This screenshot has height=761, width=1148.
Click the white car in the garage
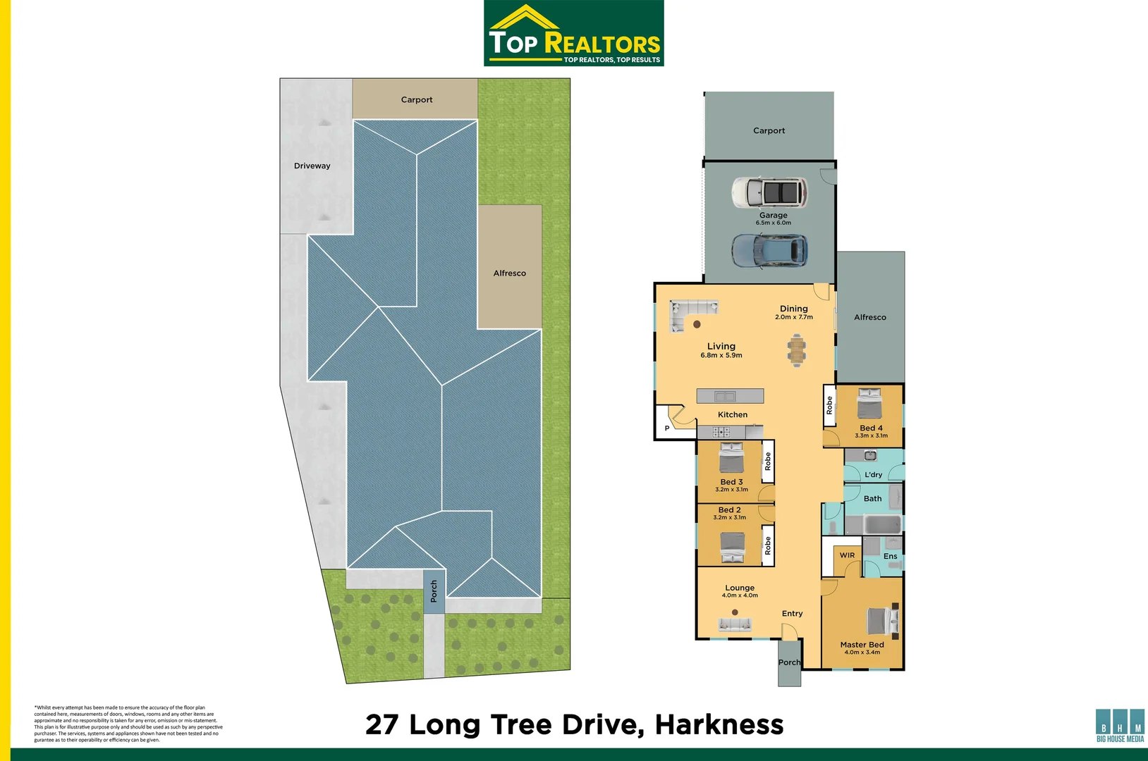point(770,192)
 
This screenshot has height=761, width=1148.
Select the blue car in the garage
point(770,251)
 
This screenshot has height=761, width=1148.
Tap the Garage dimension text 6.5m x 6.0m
point(774,223)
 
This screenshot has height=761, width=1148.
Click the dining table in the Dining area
point(796,350)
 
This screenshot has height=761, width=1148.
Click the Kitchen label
point(733,414)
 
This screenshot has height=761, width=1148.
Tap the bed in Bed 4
point(869,404)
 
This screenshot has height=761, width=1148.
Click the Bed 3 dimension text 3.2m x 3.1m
point(731,490)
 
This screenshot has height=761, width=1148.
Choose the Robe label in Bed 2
point(768,545)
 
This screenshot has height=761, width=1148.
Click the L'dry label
point(873,475)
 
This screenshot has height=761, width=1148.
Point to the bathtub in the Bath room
point(883,524)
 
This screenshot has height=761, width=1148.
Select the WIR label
point(847,555)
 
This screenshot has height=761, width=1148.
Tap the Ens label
point(890,556)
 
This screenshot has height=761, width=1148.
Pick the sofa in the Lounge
point(735,625)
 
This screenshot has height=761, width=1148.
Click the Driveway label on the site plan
point(312,166)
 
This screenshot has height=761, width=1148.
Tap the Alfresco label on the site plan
point(509,273)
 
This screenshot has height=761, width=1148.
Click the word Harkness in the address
point(719,724)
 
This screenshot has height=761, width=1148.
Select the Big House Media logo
point(1120,725)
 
